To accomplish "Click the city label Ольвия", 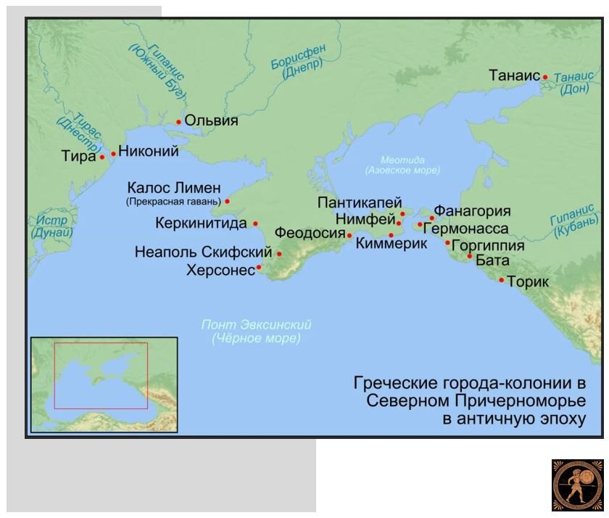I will click(x=211, y=120).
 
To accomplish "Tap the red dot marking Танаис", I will click(x=545, y=76).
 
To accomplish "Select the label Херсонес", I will click(x=220, y=270).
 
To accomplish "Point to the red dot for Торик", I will click(x=501, y=280).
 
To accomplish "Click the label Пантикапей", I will click(x=359, y=203).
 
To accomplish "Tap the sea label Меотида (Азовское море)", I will click(x=403, y=165).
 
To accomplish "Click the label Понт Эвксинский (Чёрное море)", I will click(x=256, y=332).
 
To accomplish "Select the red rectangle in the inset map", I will click(x=101, y=375).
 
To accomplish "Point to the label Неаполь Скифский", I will click(x=203, y=252).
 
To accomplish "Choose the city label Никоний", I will click(x=148, y=152).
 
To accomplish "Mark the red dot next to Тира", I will click(x=102, y=157).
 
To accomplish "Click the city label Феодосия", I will click(x=309, y=233).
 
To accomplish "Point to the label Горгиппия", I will click(x=487, y=244).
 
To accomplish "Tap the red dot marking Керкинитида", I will click(x=255, y=224).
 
